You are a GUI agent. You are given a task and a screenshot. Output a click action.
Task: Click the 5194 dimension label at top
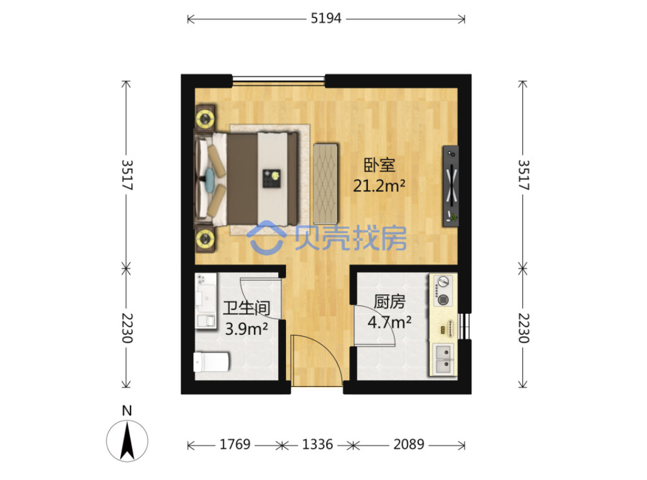(326, 19)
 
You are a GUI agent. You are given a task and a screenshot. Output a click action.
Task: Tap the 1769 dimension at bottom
(235, 444)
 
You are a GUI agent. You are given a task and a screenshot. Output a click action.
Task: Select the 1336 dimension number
(317, 444)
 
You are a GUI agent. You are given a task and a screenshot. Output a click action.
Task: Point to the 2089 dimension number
(409, 444)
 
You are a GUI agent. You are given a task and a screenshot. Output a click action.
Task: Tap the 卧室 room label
(379, 165)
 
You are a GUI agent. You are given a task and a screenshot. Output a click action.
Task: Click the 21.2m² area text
(379, 185)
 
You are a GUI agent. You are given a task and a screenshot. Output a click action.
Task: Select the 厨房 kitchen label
(389, 302)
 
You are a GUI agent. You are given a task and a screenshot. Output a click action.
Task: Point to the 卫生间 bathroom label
(246, 308)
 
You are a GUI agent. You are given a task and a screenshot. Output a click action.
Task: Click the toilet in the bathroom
(211, 362)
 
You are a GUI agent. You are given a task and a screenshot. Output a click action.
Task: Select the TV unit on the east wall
(451, 185)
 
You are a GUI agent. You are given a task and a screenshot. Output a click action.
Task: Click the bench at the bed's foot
(326, 184)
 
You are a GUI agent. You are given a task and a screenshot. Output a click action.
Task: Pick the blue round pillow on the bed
(209, 178)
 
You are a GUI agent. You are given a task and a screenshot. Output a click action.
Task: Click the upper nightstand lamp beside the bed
(205, 119)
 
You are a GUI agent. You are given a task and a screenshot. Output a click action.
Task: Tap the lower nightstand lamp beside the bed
(205, 238)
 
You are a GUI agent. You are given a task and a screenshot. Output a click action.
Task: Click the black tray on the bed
(271, 178)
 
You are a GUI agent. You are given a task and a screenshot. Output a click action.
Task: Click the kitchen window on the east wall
(464, 326)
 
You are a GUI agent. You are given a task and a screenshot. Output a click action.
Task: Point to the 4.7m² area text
(389, 322)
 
